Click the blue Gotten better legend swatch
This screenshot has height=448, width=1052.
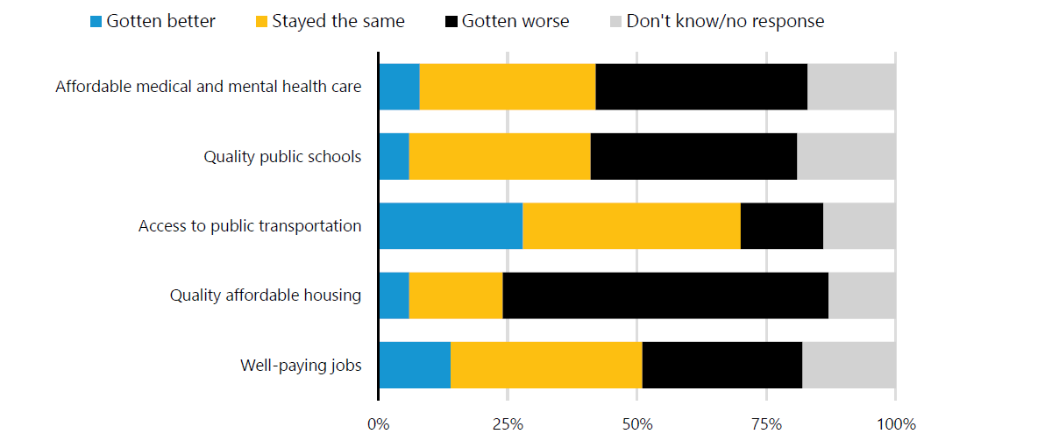96,22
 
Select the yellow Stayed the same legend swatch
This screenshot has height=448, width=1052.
261,22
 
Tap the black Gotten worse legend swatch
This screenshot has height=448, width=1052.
451,22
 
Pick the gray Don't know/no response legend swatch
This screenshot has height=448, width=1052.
615,22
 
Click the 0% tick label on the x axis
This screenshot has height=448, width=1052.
378,425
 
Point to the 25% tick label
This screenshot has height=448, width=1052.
508,425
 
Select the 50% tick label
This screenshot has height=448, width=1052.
637,425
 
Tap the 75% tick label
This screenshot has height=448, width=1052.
766,425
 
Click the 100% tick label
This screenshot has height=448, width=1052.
895,425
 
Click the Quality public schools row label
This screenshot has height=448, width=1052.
282,157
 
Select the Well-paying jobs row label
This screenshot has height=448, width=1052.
301,366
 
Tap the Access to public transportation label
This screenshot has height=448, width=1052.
250,226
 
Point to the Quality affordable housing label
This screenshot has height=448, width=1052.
266,295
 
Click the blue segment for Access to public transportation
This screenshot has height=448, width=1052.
451,226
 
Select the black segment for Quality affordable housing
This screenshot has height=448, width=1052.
665,295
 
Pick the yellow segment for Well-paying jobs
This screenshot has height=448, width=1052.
546,366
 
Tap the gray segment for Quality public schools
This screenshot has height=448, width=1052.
846,157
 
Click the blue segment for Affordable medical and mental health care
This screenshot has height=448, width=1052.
399,87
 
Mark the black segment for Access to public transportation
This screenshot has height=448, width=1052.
782,226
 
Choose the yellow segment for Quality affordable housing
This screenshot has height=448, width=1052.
456,295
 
